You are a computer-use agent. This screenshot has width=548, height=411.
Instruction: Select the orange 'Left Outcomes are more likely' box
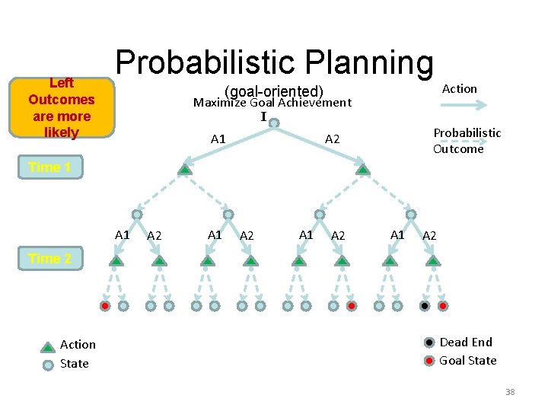click(x=61, y=108)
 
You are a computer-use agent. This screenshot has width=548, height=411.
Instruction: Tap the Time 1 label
click(x=49, y=167)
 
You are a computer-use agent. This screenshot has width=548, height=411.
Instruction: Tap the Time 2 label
click(x=49, y=259)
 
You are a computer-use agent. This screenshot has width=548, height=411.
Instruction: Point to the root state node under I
click(x=274, y=123)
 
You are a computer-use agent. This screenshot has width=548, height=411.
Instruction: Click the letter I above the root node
click(x=264, y=117)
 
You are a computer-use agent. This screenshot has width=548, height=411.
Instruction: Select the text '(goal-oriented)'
click(x=274, y=91)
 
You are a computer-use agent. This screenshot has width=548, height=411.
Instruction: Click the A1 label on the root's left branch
click(x=218, y=139)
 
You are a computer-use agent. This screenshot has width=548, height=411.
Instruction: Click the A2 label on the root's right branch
click(x=333, y=139)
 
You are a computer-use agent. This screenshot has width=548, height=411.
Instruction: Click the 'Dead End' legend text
click(x=466, y=342)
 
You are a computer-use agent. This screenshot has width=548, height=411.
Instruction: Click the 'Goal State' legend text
click(x=468, y=361)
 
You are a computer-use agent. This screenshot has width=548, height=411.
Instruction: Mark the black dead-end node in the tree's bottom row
click(x=425, y=306)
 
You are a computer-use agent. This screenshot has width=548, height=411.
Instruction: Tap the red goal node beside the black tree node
click(x=443, y=306)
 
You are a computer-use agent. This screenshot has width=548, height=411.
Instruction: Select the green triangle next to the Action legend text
click(x=48, y=346)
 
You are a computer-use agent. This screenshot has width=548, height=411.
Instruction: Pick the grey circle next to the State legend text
click(x=48, y=364)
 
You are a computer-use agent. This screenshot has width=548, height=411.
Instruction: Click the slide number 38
click(x=510, y=392)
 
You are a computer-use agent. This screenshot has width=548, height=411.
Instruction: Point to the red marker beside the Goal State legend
click(x=430, y=360)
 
